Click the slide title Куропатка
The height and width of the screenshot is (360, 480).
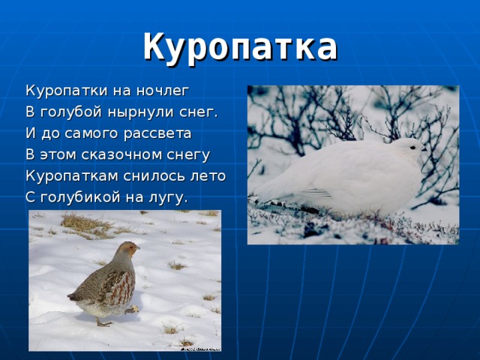(240, 46)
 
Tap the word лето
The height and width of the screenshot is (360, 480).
(208, 176)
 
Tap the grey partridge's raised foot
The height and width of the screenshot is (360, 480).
(132, 309)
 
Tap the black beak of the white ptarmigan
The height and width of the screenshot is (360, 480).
(424, 150)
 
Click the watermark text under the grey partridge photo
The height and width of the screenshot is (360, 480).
(199, 348)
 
